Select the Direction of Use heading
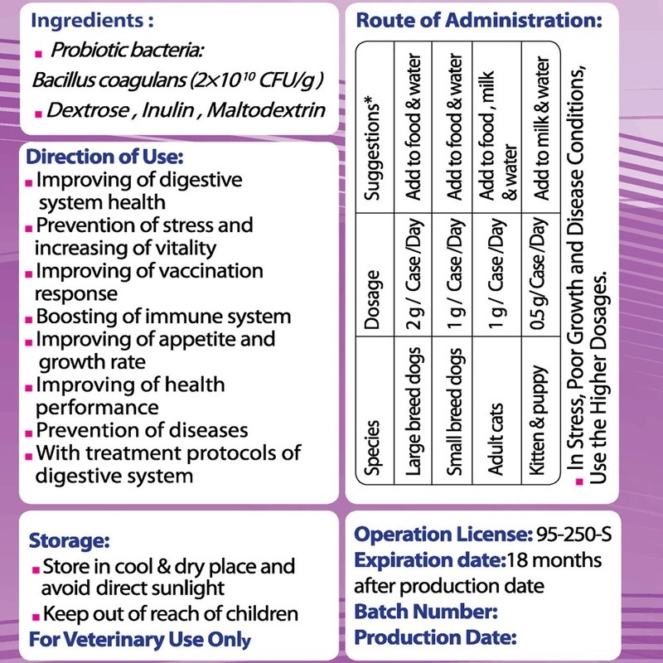point(105,157)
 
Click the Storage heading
point(69,541)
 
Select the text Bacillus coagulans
point(97,81)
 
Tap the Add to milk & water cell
point(540,128)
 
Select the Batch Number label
point(425,612)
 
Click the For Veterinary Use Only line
point(139,639)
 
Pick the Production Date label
point(435,637)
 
